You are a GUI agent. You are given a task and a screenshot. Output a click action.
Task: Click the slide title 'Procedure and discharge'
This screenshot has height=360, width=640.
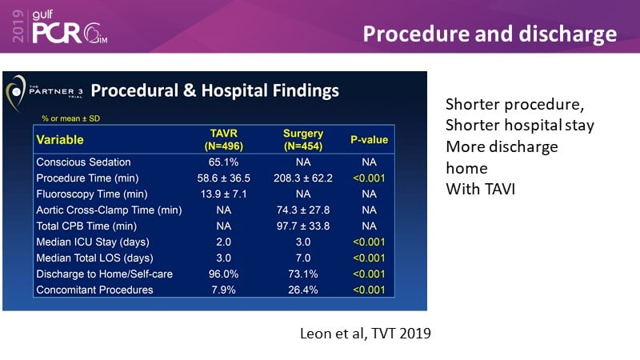tap(490, 34)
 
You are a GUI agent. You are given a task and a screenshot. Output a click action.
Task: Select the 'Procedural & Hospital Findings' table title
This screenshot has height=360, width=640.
tap(214, 90)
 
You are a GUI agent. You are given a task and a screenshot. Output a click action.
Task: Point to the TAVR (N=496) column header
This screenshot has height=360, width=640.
tap(225, 140)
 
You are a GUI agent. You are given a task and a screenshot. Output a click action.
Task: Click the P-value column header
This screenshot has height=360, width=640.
tap(369, 140)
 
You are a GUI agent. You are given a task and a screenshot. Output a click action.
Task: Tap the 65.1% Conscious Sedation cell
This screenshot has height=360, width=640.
tap(225, 162)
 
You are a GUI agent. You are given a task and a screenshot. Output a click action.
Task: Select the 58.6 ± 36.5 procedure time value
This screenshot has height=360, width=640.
tap(225, 178)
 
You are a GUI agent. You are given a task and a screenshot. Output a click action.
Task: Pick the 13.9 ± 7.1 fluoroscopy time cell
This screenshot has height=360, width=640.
tap(225, 194)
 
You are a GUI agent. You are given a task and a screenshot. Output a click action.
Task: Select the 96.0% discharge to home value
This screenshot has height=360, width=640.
tap(225, 274)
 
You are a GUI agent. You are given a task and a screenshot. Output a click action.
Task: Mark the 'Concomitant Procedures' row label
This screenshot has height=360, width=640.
tap(94, 290)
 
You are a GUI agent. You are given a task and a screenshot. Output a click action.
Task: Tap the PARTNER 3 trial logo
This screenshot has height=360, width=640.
tap(46, 90)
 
